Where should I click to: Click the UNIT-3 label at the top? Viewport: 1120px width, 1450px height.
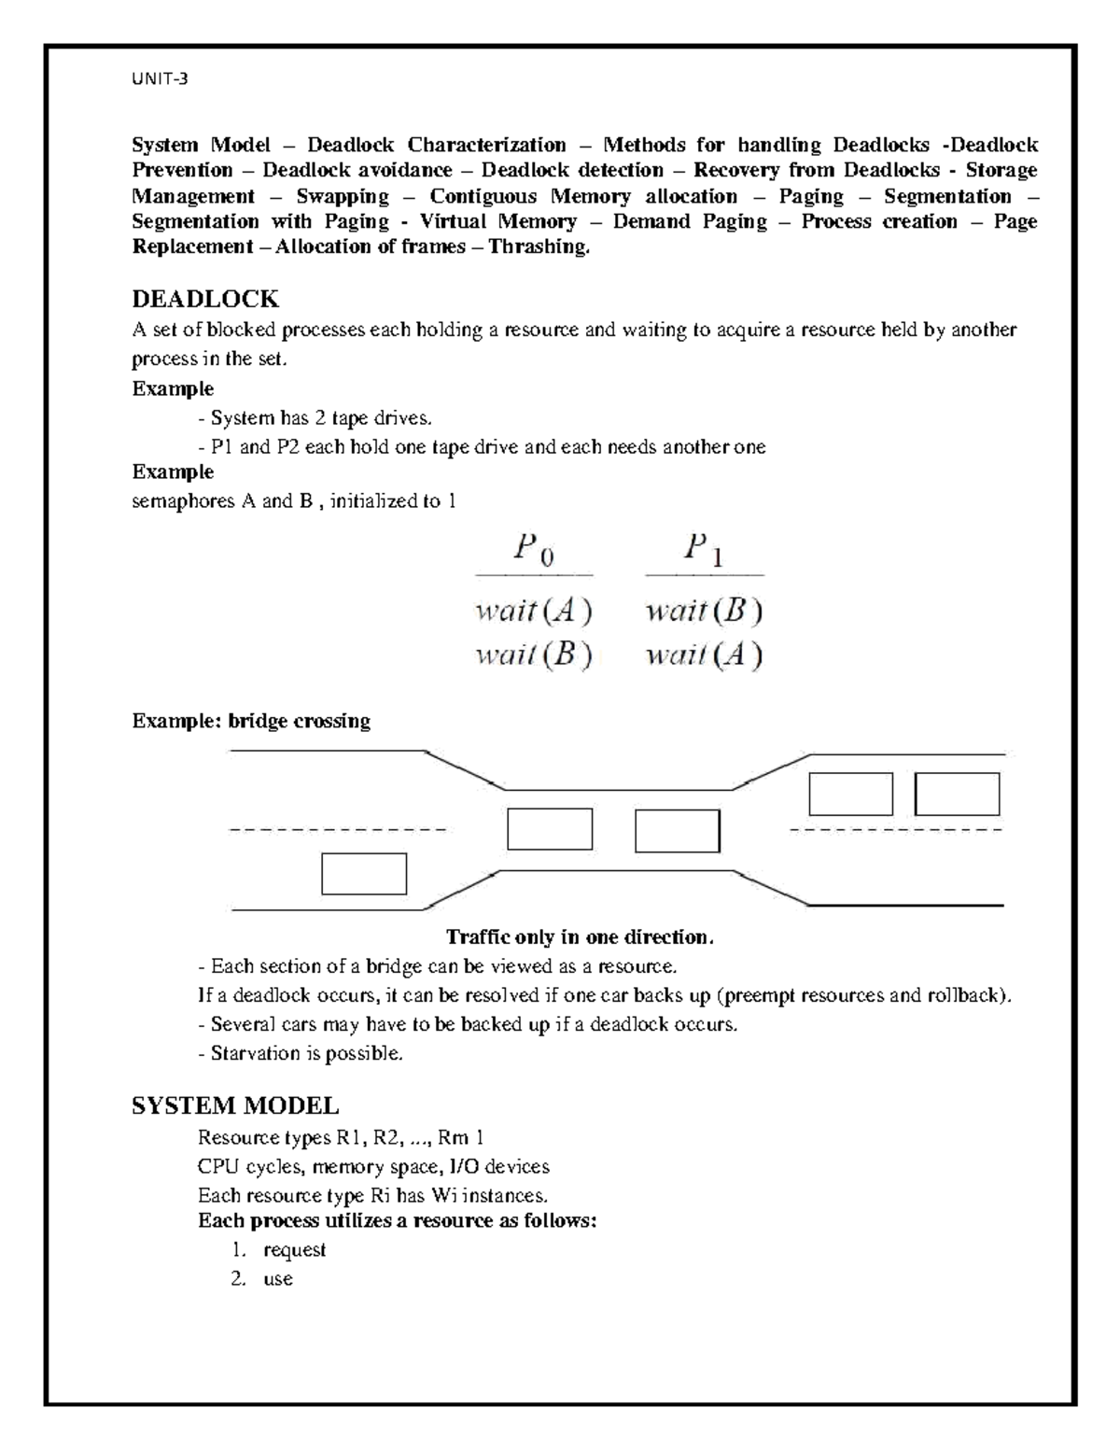[x=159, y=79]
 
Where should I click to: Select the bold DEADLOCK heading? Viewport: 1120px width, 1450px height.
[x=205, y=299]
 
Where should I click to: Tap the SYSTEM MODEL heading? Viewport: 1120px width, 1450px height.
[x=235, y=1106]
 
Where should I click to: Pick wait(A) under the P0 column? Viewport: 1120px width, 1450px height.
[x=534, y=612]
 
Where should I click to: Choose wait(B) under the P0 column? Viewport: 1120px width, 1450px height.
[x=534, y=655]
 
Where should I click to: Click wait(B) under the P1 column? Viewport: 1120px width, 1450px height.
[x=704, y=612]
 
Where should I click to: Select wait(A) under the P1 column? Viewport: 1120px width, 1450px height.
[x=704, y=655]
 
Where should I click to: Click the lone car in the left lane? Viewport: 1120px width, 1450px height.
[x=364, y=874]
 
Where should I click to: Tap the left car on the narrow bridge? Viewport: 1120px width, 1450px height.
[x=550, y=829]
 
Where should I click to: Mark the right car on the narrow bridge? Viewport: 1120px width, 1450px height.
[x=677, y=831]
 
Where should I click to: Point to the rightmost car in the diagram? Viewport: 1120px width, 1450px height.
[x=957, y=795]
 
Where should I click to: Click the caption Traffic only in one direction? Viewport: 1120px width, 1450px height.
[x=579, y=936]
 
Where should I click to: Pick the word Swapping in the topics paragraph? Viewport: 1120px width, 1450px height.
[x=343, y=196]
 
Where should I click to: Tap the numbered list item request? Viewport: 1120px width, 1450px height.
[x=294, y=1249]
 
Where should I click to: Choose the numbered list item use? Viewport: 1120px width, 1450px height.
[x=278, y=1278]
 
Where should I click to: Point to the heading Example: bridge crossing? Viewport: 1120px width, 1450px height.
[x=251, y=721]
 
